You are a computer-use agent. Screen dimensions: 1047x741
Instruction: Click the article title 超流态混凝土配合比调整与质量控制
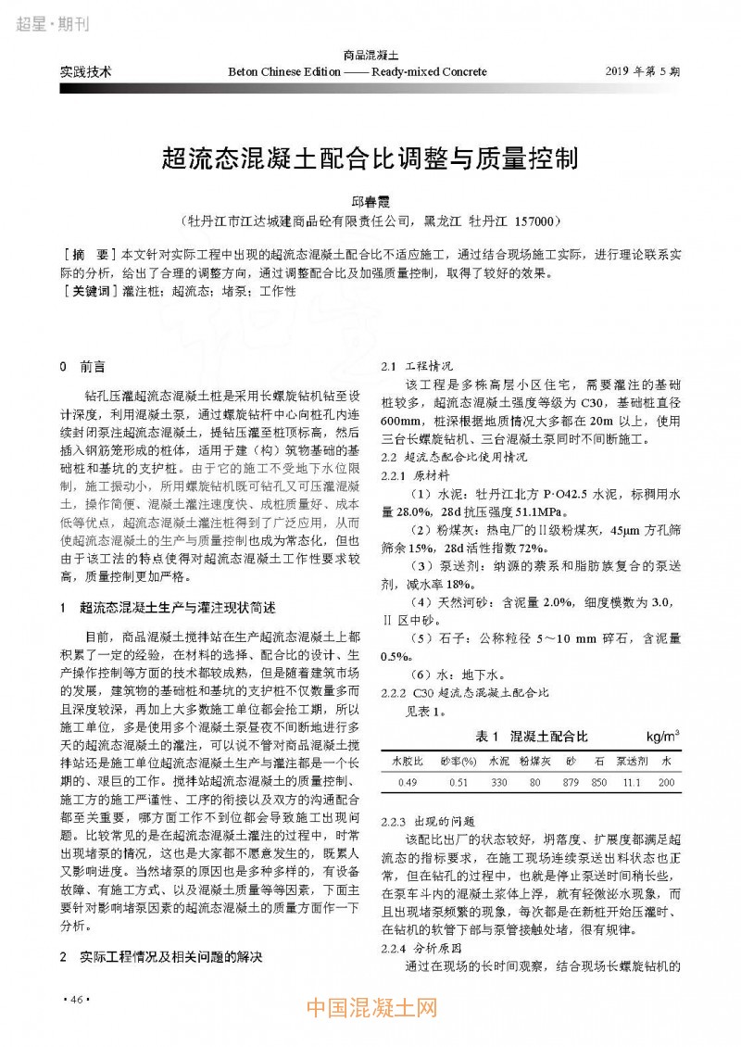click(370, 157)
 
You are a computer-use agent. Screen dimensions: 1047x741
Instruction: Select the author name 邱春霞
click(370, 201)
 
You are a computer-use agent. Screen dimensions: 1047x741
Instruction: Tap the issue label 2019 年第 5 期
click(642, 70)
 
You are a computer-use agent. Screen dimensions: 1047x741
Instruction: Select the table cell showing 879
click(571, 782)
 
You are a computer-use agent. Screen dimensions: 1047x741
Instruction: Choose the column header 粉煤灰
click(535, 760)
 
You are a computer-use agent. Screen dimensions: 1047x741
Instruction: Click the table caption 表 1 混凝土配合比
click(531, 737)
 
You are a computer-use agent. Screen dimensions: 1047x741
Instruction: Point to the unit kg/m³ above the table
click(663, 737)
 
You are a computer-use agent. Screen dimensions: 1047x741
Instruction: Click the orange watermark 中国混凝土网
click(370, 1007)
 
